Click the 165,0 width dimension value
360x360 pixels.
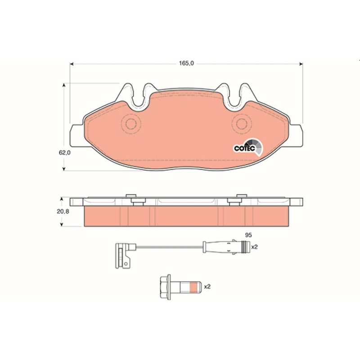186,63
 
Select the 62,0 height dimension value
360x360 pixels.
64,153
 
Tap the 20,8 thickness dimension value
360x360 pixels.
63,211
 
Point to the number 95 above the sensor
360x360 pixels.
248,235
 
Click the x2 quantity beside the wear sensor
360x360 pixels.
255,247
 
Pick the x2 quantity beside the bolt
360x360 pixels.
207,287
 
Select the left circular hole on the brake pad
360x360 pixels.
131,124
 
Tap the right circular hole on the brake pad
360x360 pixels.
242,124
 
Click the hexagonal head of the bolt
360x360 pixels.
165,287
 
